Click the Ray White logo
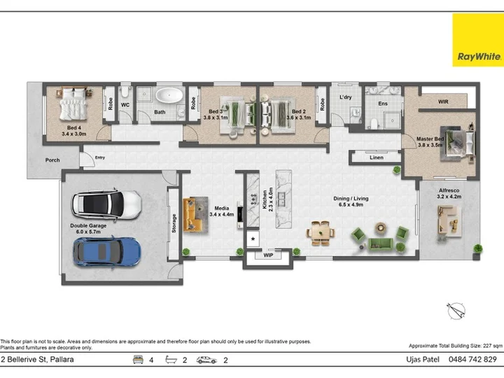click(478, 40)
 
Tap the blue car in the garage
click(106, 252)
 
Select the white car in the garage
click(106, 204)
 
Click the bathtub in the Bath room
click(169, 95)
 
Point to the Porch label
click(52, 160)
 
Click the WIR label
click(443, 101)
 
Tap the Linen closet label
click(377, 157)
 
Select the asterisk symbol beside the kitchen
click(253, 239)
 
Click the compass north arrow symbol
click(456, 311)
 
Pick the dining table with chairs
click(321, 232)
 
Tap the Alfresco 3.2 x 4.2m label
click(449, 193)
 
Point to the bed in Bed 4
click(73, 103)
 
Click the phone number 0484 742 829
click(472, 359)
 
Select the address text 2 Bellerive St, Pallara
click(37, 359)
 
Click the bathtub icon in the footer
click(171, 360)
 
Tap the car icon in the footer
click(206, 360)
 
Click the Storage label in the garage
click(174, 223)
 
